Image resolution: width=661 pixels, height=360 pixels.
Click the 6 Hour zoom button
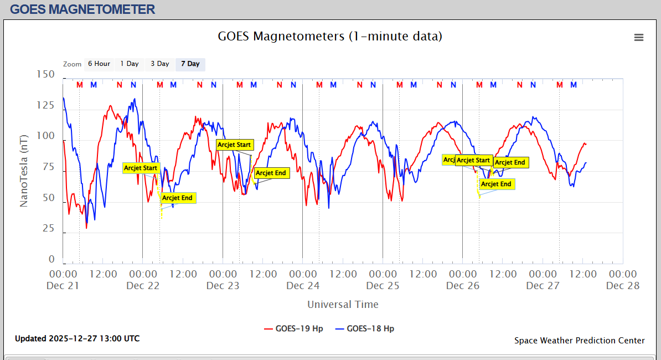pos(99,64)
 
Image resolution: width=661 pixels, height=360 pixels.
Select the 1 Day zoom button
pos(130,64)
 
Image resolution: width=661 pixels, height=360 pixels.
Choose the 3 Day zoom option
pos(160,64)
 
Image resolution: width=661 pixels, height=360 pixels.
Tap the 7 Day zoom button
pos(190,64)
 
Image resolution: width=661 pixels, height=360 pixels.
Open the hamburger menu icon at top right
pos(639,37)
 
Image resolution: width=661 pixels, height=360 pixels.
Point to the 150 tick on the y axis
pos(45,74)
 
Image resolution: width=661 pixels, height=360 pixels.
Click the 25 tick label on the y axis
pos(48,228)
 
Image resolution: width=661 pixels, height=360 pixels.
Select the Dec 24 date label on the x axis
pos(303,286)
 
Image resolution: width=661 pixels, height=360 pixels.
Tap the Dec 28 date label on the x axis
pos(623,286)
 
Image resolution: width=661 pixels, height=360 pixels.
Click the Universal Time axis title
pos(343,304)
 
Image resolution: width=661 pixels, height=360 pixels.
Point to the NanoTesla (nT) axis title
pos(24,170)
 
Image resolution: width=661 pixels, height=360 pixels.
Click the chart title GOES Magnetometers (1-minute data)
pos(330,37)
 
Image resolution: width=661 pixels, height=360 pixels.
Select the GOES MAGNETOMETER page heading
pos(82,9)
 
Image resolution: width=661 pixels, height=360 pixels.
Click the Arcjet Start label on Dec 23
pos(234,145)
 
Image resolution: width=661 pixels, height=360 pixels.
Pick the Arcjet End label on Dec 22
pos(178,198)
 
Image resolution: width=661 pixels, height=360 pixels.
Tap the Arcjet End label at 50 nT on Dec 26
pos(496,184)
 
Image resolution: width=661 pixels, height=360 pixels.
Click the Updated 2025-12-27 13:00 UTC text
pos(77,338)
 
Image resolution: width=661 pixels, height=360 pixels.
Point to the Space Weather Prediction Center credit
pos(579,341)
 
